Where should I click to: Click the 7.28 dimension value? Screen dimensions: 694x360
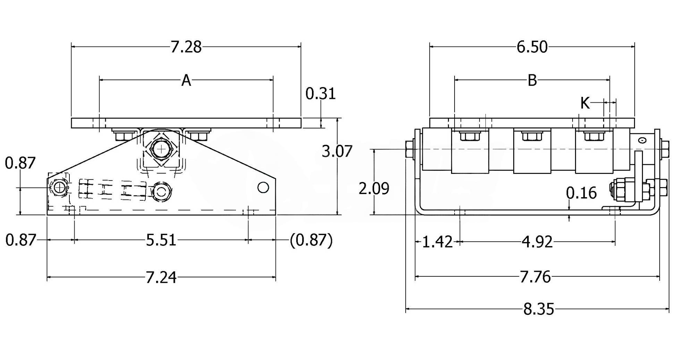[x=186, y=47]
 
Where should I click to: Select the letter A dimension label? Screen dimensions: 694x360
[x=186, y=81]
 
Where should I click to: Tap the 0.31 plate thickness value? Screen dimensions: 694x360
[x=321, y=94]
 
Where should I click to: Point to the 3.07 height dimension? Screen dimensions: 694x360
[x=337, y=151]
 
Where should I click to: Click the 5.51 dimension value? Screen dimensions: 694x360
[x=161, y=240]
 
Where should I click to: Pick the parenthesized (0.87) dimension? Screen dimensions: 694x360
[x=311, y=240]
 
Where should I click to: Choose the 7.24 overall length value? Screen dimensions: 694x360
[x=161, y=277]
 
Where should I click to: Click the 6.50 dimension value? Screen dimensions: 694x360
[x=532, y=47]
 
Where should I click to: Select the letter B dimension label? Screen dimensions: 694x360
[x=532, y=81]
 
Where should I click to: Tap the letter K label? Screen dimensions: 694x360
[x=585, y=103]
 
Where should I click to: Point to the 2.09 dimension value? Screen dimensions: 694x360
[x=374, y=189]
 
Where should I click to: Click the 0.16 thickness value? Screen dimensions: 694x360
[x=581, y=193]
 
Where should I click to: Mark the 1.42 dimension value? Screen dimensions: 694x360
[x=438, y=242]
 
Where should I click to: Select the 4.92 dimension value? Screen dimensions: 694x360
[x=537, y=242]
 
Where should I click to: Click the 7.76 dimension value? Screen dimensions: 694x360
[x=535, y=277]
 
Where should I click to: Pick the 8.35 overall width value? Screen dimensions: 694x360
[x=539, y=309]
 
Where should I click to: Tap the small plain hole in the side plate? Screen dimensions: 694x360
[x=263, y=187]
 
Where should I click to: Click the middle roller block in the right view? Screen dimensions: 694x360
[x=532, y=151]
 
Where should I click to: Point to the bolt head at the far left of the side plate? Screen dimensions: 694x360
[x=59, y=188]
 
